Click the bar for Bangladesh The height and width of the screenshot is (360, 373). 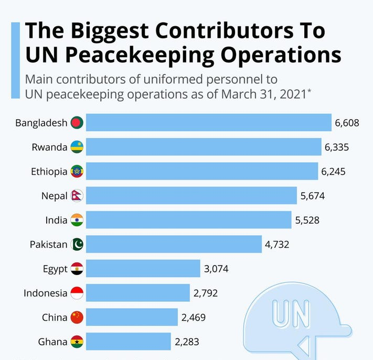tap(208, 123)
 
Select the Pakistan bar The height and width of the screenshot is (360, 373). tap(174, 244)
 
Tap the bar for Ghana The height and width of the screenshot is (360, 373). tap(128, 342)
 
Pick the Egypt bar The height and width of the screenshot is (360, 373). tap(143, 269)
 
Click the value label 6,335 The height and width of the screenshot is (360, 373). tap(337, 147)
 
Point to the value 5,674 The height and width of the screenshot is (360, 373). tap(313, 196)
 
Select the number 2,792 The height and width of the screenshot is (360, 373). tap(205, 293)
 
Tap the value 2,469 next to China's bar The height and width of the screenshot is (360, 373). tap(194, 317)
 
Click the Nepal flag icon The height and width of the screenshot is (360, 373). tap(77, 196)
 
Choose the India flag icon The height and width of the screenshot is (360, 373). tap(77, 220)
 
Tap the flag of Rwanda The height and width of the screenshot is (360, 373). tap(77, 147)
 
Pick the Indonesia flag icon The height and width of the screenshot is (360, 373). tap(77, 293)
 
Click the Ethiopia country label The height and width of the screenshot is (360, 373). tap(49, 172)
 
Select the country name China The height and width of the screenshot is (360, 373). tap(55, 317)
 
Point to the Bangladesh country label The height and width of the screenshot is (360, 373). tap(41, 123)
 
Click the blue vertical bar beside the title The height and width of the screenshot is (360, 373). tap(16, 61)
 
